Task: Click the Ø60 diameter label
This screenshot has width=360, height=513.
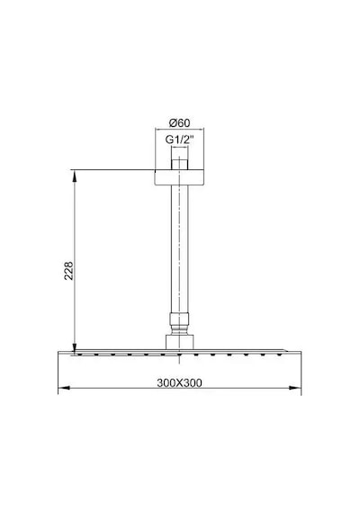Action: [179, 123]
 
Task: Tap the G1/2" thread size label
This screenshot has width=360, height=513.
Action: [179, 139]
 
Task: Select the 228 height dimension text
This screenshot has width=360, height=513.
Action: [68, 270]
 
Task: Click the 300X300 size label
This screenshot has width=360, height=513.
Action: [179, 382]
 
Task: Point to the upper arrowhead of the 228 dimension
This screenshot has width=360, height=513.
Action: [75, 175]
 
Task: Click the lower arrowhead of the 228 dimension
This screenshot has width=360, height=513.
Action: [75, 349]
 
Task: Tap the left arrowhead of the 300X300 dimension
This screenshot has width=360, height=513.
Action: [64, 388]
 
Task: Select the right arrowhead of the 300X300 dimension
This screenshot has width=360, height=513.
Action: [295, 388]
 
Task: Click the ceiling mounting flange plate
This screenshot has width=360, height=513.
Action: [179, 177]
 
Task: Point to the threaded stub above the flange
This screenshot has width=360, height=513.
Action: [179, 164]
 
